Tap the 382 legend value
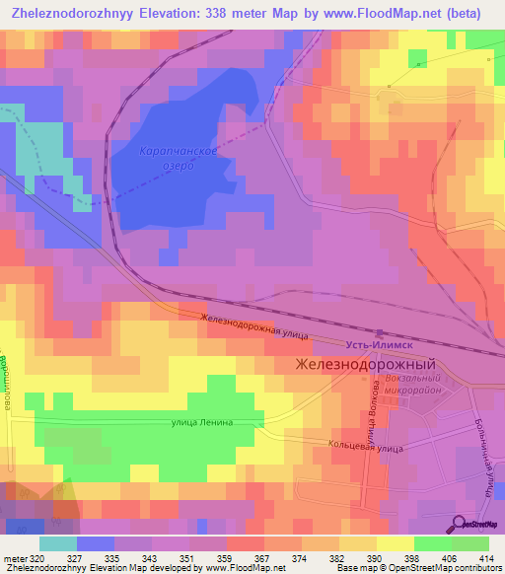pos(336,557)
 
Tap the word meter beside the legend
pos(13,557)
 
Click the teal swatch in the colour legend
pos(57,542)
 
